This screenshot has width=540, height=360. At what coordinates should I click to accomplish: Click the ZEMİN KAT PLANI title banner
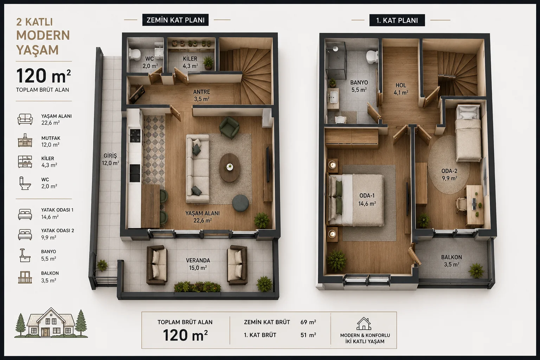[175, 20]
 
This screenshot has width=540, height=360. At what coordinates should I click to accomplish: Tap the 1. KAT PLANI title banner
[397, 20]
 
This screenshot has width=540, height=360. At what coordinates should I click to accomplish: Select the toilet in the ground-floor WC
[135, 54]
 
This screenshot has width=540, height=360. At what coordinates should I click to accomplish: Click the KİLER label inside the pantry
[190, 59]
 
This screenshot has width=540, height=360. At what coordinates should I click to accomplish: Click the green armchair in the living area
[229, 128]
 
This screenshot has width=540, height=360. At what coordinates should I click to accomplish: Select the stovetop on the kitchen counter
[135, 135]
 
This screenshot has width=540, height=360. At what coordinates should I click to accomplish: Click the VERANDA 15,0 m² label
[198, 264]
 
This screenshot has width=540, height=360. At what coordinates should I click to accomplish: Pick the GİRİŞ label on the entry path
[110, 155]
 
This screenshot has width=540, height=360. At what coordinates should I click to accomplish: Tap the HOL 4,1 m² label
[401, 89]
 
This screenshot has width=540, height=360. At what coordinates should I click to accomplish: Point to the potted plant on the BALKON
[476, 271]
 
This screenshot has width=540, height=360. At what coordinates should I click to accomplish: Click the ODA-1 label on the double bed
[367, 195]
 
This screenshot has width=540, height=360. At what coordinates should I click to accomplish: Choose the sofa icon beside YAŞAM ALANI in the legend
[25, 119]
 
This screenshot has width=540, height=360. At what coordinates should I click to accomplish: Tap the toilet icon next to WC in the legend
[25, 183]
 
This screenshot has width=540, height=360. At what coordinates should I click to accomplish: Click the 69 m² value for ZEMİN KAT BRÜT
[308, 322]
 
